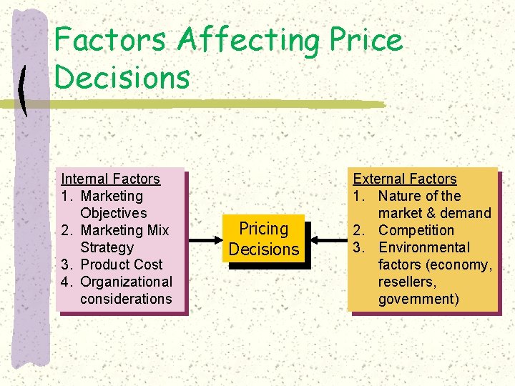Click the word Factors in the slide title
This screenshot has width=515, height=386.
coord(112,40)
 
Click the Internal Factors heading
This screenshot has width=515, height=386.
coord(111,179)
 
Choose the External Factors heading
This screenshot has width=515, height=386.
coord(405,179)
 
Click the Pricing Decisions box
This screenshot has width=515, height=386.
coord(263,239)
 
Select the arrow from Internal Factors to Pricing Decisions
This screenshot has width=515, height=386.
coord(203,239)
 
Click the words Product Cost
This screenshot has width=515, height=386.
coord(122,264)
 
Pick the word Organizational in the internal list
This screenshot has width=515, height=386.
coord(127,282)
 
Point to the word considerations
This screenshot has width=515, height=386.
coord(127,299)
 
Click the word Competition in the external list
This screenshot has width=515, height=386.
coord(416,230)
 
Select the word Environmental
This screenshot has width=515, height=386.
coord(424,247)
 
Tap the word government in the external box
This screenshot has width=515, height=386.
coord(418,299)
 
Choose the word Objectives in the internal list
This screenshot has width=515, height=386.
coord(114,213)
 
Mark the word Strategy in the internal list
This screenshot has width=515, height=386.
coord(107,247)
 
